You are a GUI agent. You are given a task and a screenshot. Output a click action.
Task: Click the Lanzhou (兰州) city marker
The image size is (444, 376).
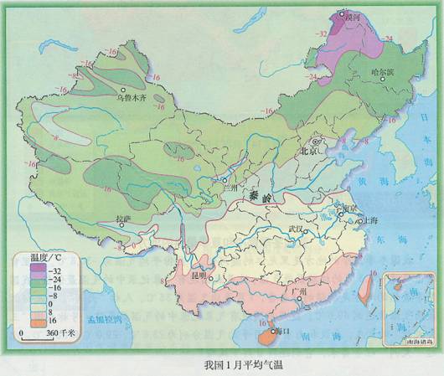[222, 178]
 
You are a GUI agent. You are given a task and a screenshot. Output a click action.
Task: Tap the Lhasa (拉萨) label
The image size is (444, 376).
[124, 219]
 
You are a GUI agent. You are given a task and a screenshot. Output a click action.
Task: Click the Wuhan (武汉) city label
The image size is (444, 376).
[296, 228]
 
